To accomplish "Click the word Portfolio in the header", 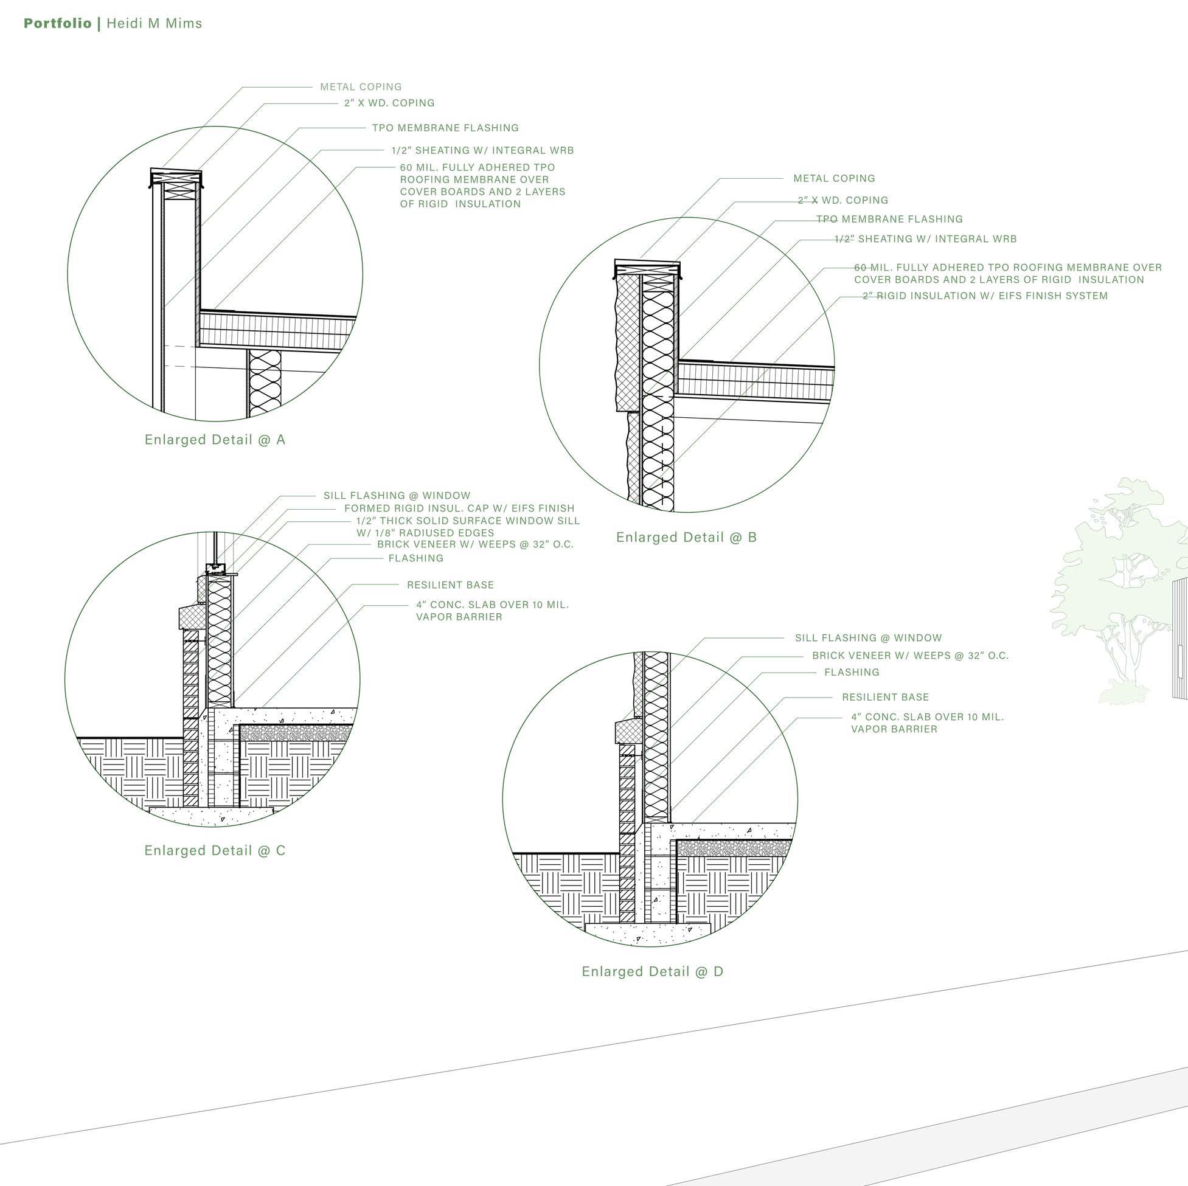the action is tap(57, 23).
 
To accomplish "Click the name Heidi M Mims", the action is tap(155, 23).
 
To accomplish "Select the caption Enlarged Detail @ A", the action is tap(215, 440).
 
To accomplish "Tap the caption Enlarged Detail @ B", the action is tap(686, 538).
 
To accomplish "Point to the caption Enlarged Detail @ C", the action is tap(215, 850).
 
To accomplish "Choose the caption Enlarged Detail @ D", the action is tap(653, 971).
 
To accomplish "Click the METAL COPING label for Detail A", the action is tap(360, 88).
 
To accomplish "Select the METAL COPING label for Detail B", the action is tap(834, 178).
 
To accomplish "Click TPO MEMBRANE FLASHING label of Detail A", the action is tap(445, 128).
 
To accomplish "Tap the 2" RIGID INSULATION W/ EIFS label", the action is tap(985, 296).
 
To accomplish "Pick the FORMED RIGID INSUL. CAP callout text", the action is tap(459, 508).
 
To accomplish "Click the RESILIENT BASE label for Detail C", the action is tap(450, 584).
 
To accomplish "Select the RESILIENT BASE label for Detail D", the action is tap(885, 697).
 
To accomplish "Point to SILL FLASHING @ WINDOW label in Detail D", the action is tap(868, 638).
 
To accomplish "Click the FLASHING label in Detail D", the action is tap(852, 672).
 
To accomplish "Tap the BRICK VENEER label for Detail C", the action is tap(474, 544).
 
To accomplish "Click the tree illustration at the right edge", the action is tap(1119, 584).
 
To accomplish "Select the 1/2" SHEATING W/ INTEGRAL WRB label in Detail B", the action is tap(925, 238).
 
